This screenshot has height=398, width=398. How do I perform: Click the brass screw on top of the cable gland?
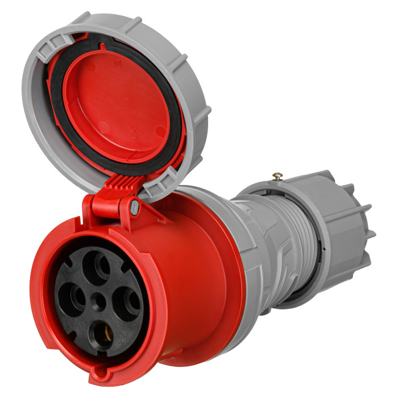(277, 176)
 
